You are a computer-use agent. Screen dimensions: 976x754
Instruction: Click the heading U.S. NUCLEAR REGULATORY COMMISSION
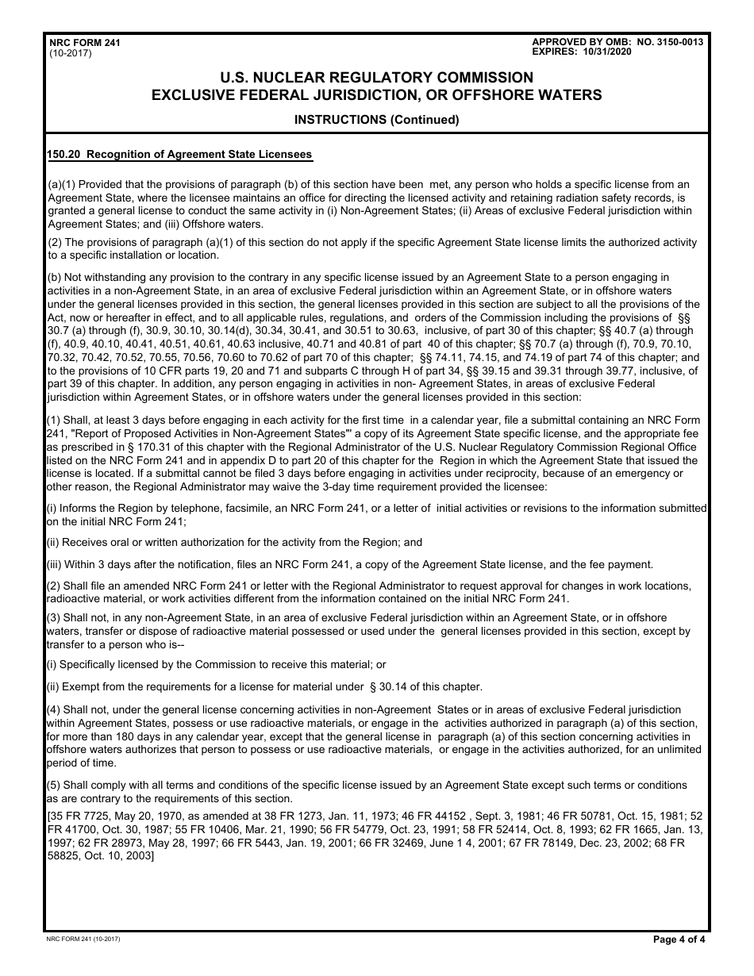coord(376,78)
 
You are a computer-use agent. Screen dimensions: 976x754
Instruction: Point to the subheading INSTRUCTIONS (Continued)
coord(376,121)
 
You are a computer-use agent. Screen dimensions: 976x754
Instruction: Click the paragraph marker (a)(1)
coord(62,184)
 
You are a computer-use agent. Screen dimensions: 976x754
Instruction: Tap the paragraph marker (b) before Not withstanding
coord(54,277)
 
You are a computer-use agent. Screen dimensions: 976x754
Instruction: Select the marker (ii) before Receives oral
coord(53,542)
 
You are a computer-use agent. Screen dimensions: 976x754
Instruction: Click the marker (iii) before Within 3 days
coord(55,564)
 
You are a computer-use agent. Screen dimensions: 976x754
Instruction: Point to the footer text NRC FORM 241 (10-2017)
coord(84,939)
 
